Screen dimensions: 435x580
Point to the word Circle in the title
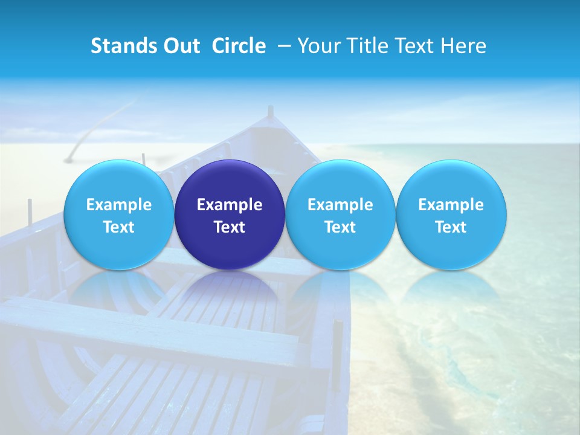click(239, 46)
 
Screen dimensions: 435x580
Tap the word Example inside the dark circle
click(230, 205)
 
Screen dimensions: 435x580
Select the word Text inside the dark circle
click(230, 227)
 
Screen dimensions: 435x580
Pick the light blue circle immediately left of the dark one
click(119, 214)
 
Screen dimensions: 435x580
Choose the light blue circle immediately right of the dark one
click(340, 214)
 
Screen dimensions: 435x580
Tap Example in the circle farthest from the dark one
click(451, 205)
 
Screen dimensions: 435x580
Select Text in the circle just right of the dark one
click(340, 227)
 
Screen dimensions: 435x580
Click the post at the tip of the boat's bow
click(270, 112)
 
